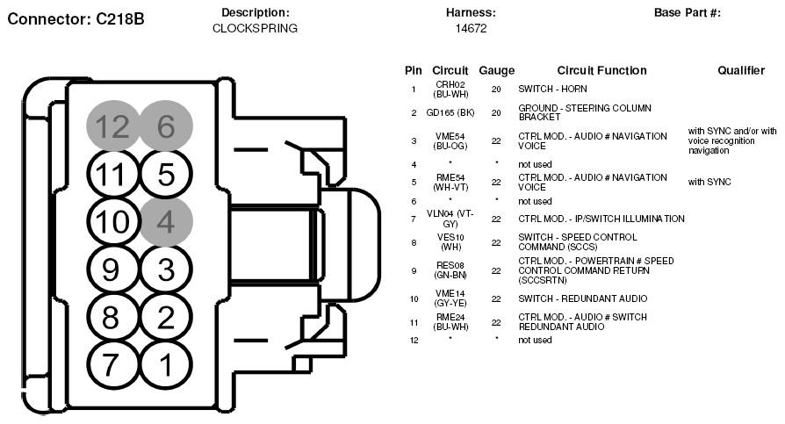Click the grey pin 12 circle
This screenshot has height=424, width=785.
112,126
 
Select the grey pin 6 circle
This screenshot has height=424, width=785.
166,126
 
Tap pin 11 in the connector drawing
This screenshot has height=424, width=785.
112,174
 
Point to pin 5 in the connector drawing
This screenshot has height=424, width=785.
166,174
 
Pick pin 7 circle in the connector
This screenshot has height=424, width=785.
112,365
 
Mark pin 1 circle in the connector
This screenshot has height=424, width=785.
166,365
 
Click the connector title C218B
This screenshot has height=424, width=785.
76,19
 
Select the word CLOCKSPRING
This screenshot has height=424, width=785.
255,28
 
